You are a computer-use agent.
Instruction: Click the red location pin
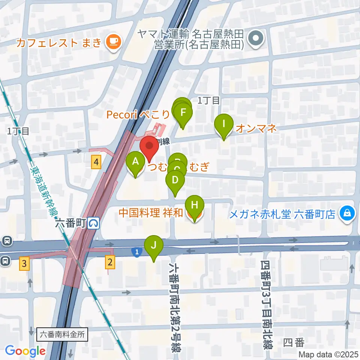tap(149, 148)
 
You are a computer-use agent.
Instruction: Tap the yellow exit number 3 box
tap(24, 264)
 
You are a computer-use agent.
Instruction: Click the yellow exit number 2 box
tap(109, 261)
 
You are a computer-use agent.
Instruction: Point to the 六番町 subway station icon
tap(94, 223)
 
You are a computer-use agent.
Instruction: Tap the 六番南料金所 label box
tap(63, 334)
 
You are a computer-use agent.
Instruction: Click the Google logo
tap(25, 351)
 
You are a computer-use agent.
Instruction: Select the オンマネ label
tap(256, 129)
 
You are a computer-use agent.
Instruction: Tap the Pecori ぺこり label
tap(138, 115)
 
